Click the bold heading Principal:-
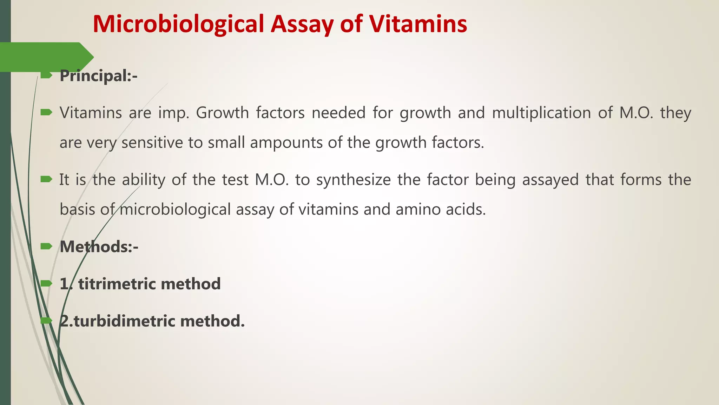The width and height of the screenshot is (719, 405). pos(98,76)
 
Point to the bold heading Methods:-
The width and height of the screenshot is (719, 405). pos(99,246)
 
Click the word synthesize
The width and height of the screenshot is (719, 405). pos(353,180)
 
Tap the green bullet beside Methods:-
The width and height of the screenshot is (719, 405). pos(46,246)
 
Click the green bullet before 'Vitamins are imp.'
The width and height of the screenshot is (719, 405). pos(46,112)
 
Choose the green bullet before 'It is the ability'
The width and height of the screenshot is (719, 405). pos(46,179)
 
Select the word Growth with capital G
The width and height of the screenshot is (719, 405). pos(222,113)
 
